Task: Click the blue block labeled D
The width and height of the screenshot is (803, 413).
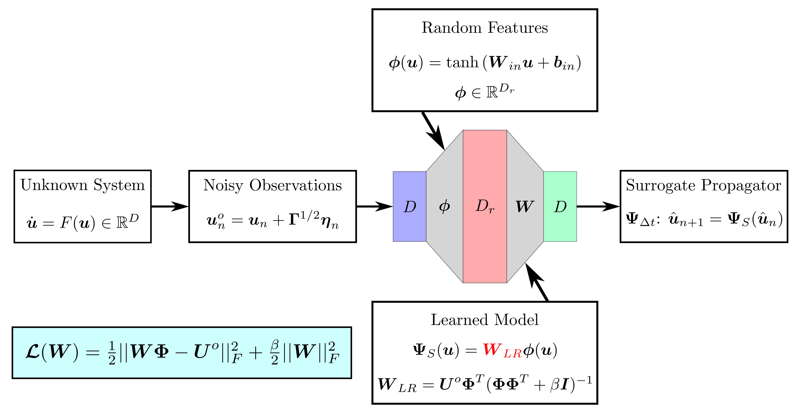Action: (x=409, y=206)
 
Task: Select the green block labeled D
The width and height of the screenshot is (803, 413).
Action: (x=560, y=206)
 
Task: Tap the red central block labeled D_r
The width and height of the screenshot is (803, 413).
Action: (x=485, y=206)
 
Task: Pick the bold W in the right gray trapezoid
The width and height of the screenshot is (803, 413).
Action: (x=525, y=206)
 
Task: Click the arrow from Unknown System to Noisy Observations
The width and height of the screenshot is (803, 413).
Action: (x=170, y=206)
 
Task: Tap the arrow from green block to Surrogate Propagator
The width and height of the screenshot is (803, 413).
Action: (x=598, y=206)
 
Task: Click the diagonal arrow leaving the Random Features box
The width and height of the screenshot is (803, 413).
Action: (x=433, y=131)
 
